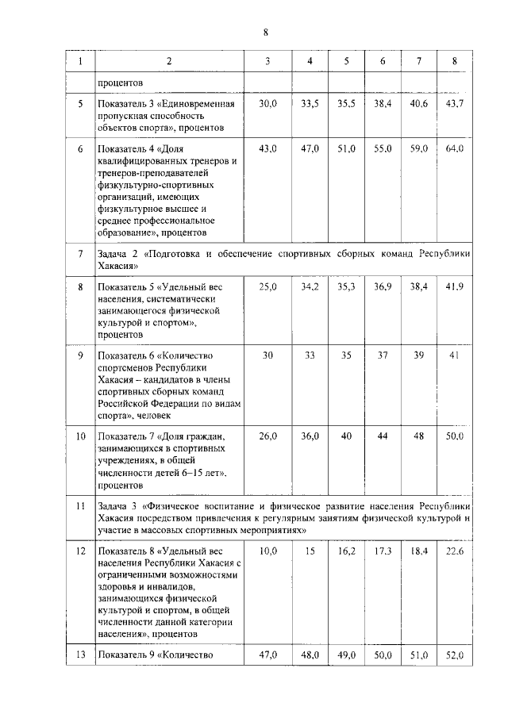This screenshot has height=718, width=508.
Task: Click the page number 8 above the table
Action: [x=266, y=33]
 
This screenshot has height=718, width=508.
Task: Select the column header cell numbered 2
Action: [x=169, y=61]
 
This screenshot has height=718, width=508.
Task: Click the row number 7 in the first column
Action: [x=79, y=254]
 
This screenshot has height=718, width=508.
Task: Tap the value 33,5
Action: [x=310, y=105]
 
